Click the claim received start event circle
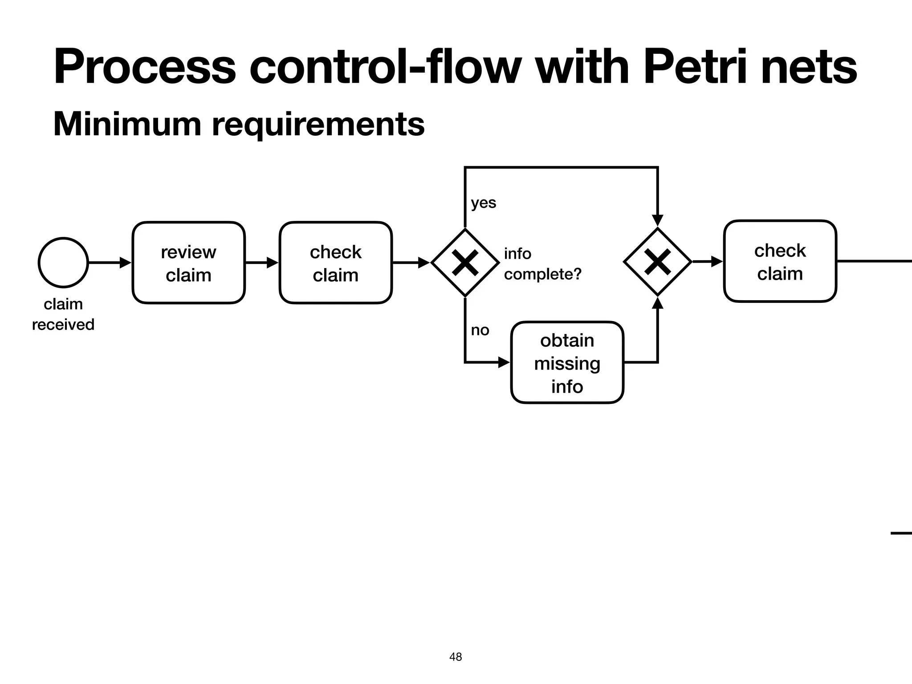(x=63, y=262)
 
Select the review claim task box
(x=188, y=263)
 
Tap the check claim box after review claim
(x=336, y=263)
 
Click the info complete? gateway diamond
(x=465, y=263)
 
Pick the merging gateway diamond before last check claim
(x=657, y=262)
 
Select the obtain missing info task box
(x=567, y=362)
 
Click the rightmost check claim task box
(x=780, y=261)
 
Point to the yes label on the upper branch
(x=483, y=203)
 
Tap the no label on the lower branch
(x=480, y=330)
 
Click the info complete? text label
(x=542, y=264)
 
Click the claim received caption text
(x=63, y=314)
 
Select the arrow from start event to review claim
(x=110, y=263)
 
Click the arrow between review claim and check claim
(x=262, y=263)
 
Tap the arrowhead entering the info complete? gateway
(x=423, y=263)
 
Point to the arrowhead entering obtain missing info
(x=504, y=362)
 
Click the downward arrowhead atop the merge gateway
(x=657, y=220)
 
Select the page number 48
(x=456, y=656)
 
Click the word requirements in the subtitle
(x=318, y=125)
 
